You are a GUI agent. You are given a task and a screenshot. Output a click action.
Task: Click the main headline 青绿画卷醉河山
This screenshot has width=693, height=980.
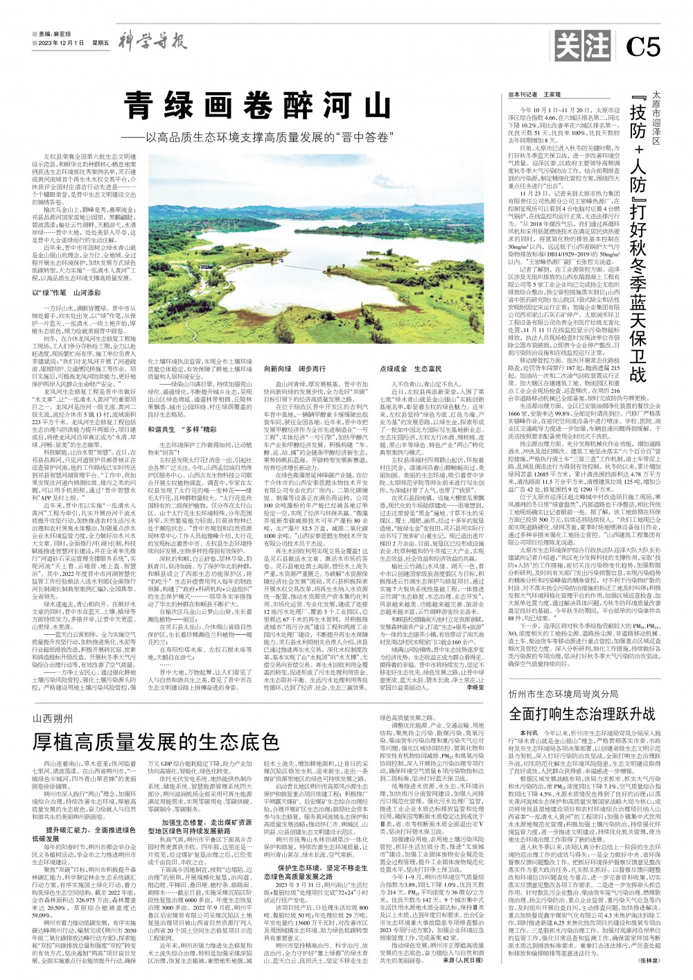click(x=257, y=107)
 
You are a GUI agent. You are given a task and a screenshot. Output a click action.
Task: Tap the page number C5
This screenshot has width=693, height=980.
click(x=642, y=46)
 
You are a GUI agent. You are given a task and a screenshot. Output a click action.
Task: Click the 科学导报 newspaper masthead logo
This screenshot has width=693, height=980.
click(x=152, y=42)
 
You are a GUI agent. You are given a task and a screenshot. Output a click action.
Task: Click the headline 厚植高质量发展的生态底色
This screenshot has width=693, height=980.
click(x=156, y=742)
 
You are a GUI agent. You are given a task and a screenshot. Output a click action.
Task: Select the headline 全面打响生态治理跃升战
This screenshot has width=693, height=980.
click(x=582, y=713)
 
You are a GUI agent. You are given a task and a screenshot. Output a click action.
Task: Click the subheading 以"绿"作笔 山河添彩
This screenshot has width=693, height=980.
click(x=67, y=293)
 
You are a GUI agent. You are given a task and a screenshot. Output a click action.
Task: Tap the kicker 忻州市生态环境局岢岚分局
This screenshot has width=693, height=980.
click(x=563, y=693)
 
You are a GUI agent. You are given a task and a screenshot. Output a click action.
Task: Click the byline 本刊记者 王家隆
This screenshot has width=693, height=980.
click(x=535, y=94)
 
